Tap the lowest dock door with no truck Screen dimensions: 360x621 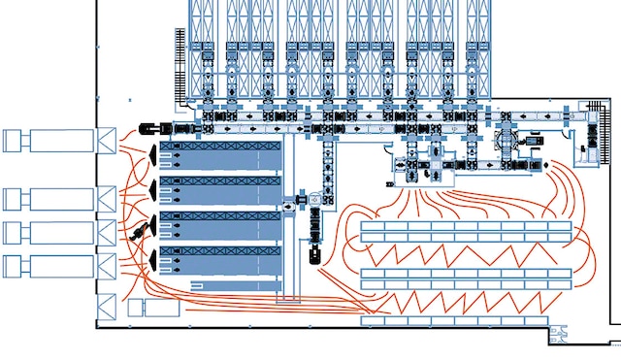point(105,301)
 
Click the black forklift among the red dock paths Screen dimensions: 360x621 point(142,230)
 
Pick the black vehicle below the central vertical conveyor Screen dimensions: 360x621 point(312,256)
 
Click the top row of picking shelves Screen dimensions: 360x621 point(467,231)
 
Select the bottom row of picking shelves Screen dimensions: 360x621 point(467,320)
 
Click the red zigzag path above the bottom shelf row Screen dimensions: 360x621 point(467,301)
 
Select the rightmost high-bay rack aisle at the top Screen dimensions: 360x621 point(475,44)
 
